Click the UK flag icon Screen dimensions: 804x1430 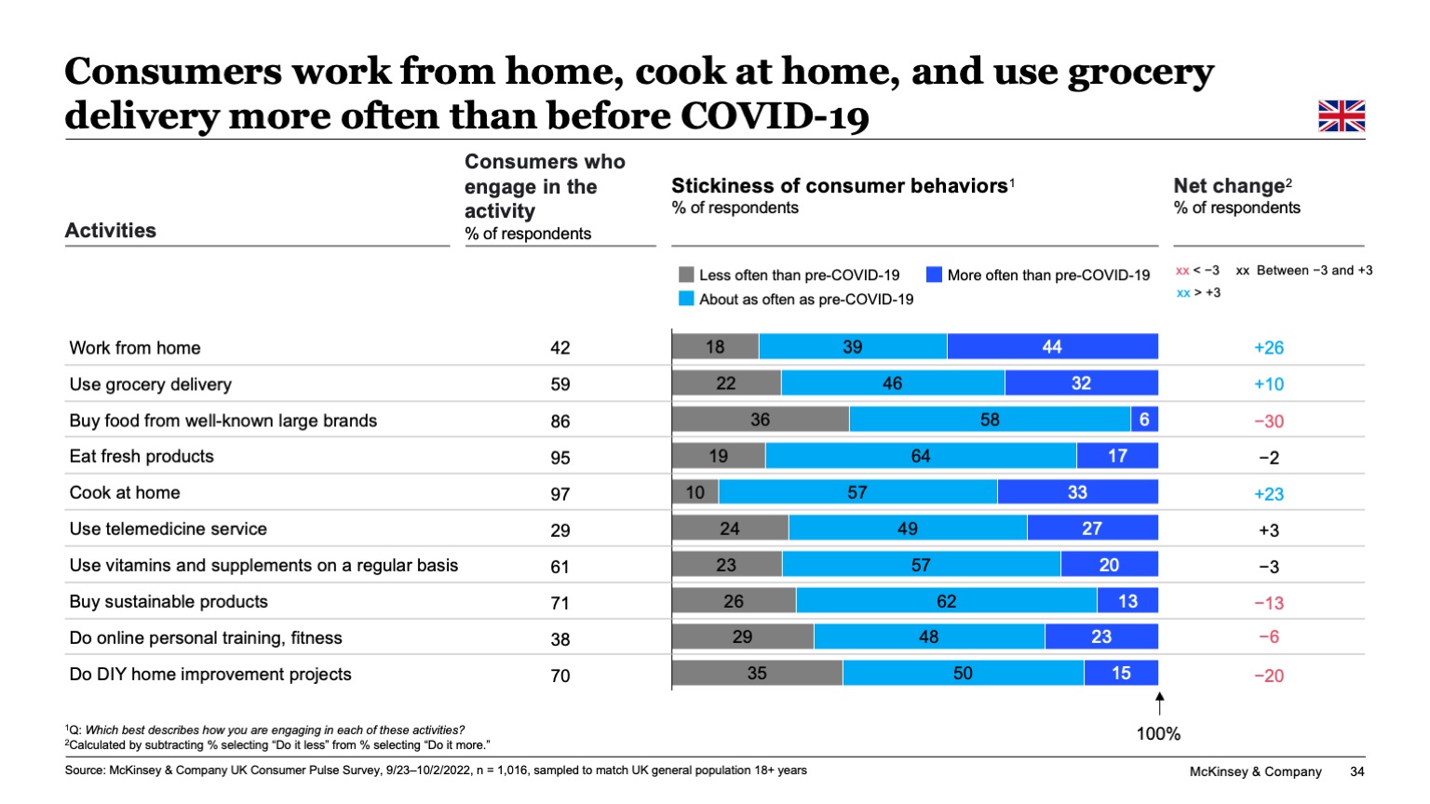(1342, 116)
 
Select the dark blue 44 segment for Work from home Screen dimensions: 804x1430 (1052, 346)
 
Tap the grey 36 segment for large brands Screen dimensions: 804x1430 (760, 420)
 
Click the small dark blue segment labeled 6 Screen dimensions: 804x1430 (1144, 420)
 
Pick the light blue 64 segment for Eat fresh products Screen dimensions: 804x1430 (920, 456)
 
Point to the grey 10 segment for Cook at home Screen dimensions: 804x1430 (695, 492)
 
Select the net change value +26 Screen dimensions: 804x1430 (1268, 348)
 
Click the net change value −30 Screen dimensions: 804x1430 (1268, 422)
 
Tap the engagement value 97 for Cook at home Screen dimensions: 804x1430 (560, 494)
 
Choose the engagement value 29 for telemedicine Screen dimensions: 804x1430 (560, 530)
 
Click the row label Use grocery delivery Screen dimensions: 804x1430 (150, 384)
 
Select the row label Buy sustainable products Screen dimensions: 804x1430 (169, 602)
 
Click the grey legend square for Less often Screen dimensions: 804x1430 (686, 275)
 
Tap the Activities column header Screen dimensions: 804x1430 (111, 231)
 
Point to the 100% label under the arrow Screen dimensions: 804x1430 (1158, 734)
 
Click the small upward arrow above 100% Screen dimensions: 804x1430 (1159, 703)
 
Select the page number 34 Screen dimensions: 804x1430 (1356, 771)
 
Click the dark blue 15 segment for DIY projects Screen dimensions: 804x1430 (1121, 673)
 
